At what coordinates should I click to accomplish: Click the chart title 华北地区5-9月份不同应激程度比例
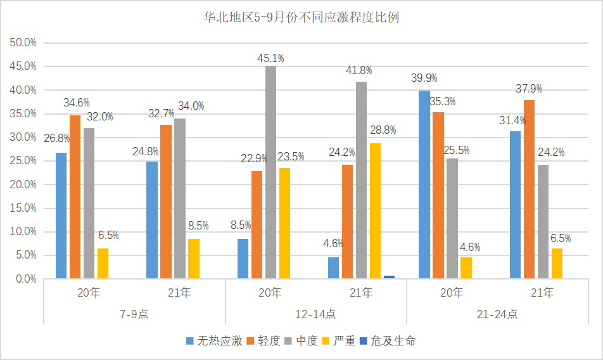[301, 17]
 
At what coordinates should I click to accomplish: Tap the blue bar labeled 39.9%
[424, 184]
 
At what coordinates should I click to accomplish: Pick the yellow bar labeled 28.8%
[375, 210]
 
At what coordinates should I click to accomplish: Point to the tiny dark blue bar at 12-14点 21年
[389, 277]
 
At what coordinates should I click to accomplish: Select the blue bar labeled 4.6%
[333, 267]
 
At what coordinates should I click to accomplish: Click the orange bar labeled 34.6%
[75, 196]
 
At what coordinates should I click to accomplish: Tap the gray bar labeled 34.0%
[179, 198]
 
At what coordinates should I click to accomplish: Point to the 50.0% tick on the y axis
[23, 42]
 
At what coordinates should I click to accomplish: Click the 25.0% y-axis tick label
[23, 160]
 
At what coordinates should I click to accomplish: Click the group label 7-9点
[134, 314]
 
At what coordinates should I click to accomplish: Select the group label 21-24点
[497, 314]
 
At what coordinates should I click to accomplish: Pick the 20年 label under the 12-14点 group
[270, 293]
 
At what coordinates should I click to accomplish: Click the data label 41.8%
[359, 70]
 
